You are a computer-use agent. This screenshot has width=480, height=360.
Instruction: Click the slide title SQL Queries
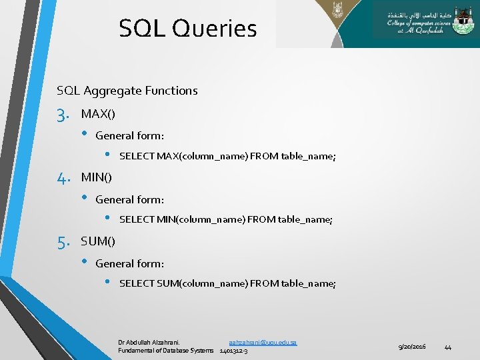[x=187, y=28]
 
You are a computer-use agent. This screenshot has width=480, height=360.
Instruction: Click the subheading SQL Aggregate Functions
[x=127, y=91]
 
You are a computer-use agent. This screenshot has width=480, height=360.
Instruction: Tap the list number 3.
[x=63, y=115]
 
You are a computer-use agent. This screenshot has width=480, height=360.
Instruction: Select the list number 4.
[x=63, y=178]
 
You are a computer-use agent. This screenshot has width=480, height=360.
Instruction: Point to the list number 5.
[x=63, y=242]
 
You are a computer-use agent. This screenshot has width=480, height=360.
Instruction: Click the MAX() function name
[x=98, y=114]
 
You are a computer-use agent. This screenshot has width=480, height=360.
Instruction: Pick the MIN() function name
[x=97, y=177]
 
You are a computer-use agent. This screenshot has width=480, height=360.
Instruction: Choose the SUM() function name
[x=98, y=241]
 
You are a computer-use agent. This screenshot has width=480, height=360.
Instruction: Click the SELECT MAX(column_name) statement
[x=227, y=157]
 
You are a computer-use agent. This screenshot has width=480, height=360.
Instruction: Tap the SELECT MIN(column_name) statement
[x=225, y=219]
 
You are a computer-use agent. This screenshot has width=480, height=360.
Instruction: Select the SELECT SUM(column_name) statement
[x=227, y=283]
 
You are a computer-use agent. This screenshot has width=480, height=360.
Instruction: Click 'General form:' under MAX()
[x=130, y=136]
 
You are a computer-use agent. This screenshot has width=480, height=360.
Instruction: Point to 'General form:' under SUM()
[x=130, y=263]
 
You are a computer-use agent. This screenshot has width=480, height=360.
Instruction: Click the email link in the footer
[x=263, y=342]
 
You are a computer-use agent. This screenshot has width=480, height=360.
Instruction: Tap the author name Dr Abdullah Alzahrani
[x=153, y=342]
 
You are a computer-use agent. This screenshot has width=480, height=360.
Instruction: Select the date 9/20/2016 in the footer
[x=412, y=347]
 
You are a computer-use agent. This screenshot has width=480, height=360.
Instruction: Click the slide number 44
[x=448, y=347]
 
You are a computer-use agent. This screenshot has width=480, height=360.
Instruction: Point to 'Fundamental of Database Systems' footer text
[x=166, y=351]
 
